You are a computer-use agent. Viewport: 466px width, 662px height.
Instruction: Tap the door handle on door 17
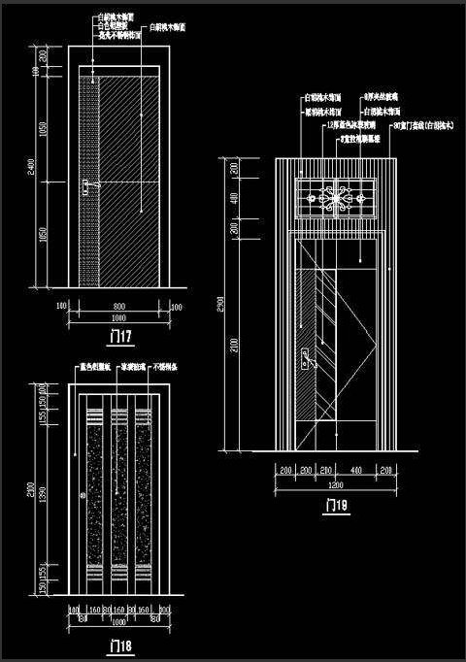point(87,182)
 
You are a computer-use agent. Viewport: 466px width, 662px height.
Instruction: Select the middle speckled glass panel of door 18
point(117,496)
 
